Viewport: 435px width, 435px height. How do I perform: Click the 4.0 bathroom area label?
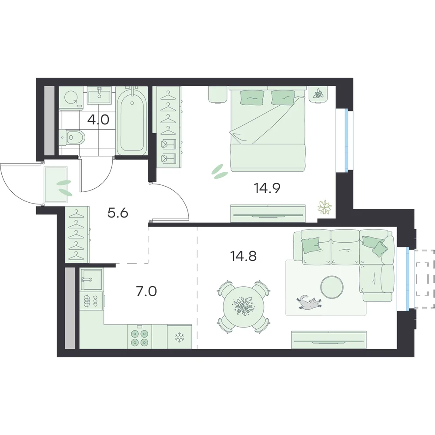pyautogui.click(x=98, y=120)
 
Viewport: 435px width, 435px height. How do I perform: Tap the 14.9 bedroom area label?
pyautogui.click(x=267, y=188)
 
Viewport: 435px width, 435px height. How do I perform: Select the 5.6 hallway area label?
pyautogui.click(x=117, y=213)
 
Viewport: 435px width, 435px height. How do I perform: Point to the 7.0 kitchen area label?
pyautogui.click(x=146, y=291)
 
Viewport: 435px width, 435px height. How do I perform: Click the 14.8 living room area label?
pyautogui.click(x=243, y=256)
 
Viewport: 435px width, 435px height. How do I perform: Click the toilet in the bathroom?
pyautogui.click(x=72, y=137)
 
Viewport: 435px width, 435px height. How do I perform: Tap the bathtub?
pyautogui.click(x=131, y=120)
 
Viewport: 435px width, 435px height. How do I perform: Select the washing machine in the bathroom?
pyautogui.click(x=71, y=98)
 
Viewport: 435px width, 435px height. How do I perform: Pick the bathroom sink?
pyautogui.click(x=99, y=95)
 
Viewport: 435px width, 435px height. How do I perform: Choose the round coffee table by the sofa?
pyautogui.click(x=332, y=287)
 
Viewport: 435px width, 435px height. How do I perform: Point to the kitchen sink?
pyautogui.click(x=91, y=279)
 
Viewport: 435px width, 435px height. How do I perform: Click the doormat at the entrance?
pyautogui.click(x=56, y=184)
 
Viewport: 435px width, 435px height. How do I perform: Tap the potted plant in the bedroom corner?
pyautogui.click(x=325, y=207)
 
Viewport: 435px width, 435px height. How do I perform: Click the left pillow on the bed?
pyautogui.click(x=252, y=97)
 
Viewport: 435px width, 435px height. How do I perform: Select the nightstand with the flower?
pyautogui.click(x=319, y=94)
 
